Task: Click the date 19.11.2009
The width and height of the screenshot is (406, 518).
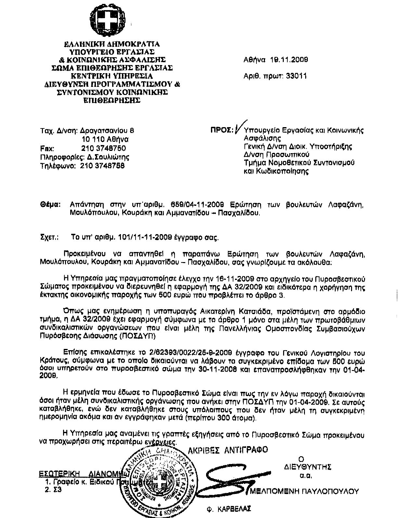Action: click(287, 60)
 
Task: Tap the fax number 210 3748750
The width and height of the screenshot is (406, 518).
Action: click(103, 148)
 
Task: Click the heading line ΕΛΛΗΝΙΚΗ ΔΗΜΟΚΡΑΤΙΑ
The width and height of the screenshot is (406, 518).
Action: click(111, 44)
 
